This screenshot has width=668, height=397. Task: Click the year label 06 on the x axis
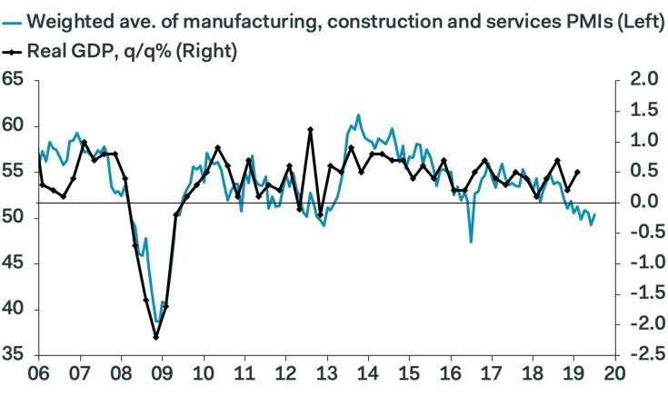[38, 373]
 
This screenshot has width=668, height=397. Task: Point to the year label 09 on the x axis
[162, 373]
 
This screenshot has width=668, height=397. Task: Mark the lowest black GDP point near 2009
[156, 337]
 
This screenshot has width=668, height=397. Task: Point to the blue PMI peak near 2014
[358, 115]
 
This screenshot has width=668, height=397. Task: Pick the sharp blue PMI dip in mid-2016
[471, 241]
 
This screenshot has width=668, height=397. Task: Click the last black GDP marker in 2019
[579, 172]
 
